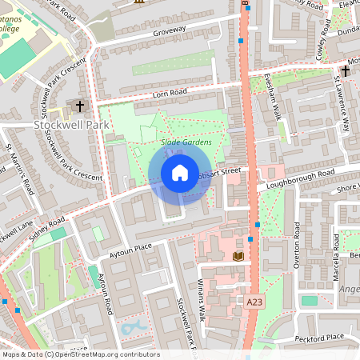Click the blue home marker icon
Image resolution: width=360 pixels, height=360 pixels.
(179, 173)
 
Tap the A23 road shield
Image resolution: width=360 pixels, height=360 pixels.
(254, 301)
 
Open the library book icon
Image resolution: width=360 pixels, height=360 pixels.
(238, 256)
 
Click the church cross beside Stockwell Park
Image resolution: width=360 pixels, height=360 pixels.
(79, 106)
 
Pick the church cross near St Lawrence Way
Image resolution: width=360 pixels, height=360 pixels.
(345, 72)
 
